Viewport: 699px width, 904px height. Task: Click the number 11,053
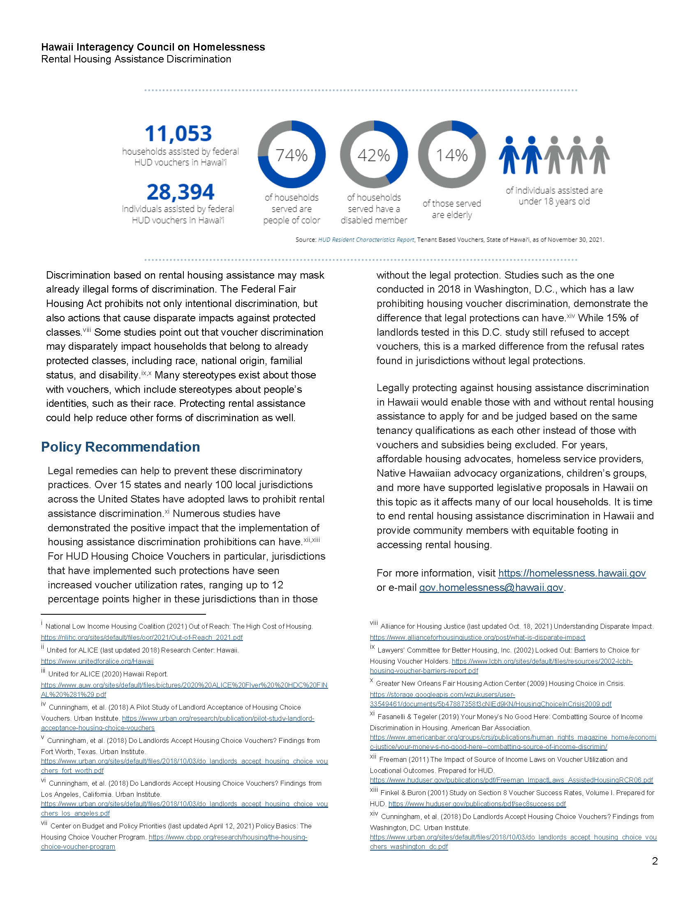pyautogui.click(x=178, y=134)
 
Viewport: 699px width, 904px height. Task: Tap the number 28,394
pyautogui.click(x=180, y=192)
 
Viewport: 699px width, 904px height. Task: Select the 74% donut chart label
pyautogui.click(x=292, y=156)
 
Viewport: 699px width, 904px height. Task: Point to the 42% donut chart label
pyautogui.click(x=373, y=156)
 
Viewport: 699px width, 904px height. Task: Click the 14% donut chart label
pyautogui.click(x=451, y=156)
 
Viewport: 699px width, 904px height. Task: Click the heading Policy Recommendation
pyautogui.click(x=120, y=447)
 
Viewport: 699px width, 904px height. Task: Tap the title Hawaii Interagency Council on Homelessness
pyautogui.click(x=153, y=47)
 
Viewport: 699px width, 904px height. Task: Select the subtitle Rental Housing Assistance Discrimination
pyautogui.click(x=136, y=59)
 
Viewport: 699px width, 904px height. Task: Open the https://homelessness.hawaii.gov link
pyautogui.click(x=572, y=573)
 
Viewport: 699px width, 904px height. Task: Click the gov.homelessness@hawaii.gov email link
pyautogui.click(x=491, y=588)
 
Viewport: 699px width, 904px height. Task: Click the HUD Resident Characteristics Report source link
pyautogui.click(x=366, y=240)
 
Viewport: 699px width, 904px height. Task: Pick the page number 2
pyautogui.click(x=655, y=861)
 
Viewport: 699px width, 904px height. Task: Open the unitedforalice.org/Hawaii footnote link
pyautogui.click(x=97, y=662)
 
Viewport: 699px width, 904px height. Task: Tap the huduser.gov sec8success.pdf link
pyautogui.click(x=477, y=804)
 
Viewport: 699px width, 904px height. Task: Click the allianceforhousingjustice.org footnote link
pyautogui.click(x=477, y=637)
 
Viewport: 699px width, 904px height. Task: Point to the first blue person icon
pyautogui.click(x=509, y=155)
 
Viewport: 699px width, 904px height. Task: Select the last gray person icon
pyautogui.click(x=599, y=155)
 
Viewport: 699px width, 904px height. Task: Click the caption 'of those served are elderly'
pyautogui.click(x=451, y=209)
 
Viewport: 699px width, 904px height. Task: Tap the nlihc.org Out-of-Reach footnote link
pyautogui.click(x=141, y=637)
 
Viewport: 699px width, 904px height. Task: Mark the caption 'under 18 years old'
pyautogui.click(x=554, y=202)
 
